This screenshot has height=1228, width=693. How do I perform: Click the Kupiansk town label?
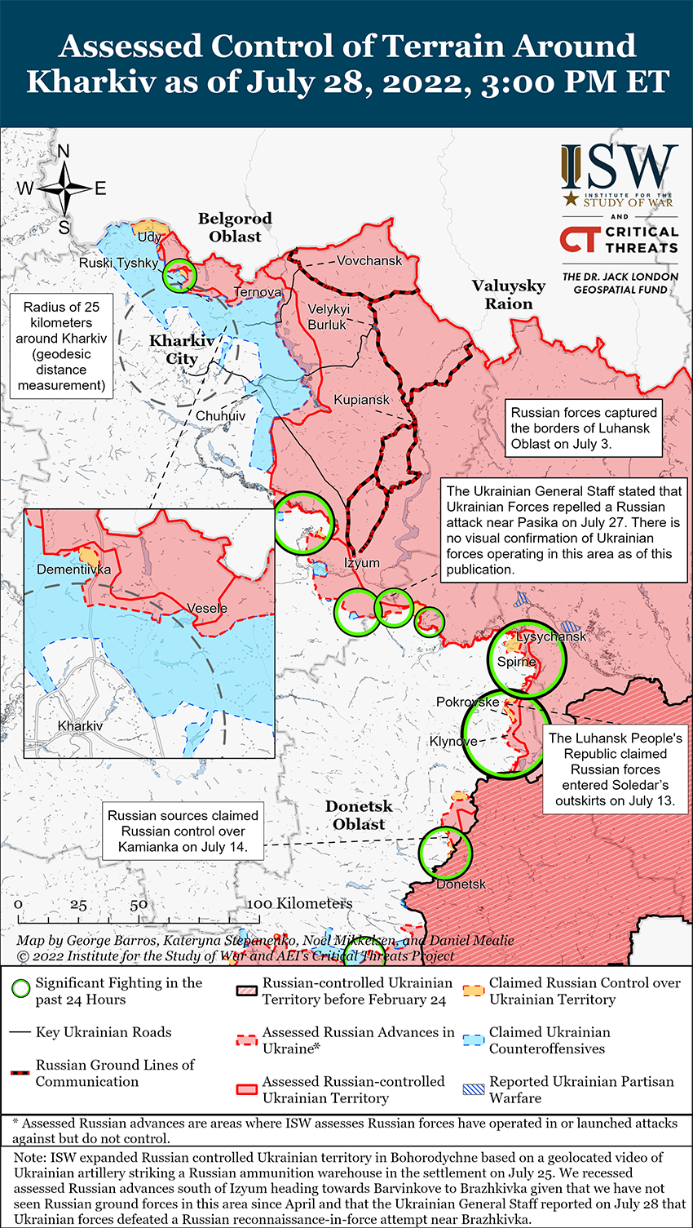click(x=361, y=400)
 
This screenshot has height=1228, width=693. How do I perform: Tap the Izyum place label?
click(x=361, y=563)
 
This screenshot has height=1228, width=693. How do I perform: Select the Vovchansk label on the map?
click(x=369, y=260)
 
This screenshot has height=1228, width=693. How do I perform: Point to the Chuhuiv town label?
click(x=220, y=416)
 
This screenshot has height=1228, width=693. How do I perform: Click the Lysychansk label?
click(x=552, y=636)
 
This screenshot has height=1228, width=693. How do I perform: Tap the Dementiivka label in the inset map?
click(x=73, y=570)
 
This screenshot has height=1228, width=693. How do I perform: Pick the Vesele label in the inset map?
click(x=207, y=609)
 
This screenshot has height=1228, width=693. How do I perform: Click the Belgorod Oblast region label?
click(x=235, y=228)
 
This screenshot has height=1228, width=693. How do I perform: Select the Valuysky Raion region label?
click(x=509, y=295)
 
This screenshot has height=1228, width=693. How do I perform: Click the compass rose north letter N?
click(x=64, y=152)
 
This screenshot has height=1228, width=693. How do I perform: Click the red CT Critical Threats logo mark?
click(x=579, y=239)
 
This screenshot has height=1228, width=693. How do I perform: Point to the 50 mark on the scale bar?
click(x=139, y=905)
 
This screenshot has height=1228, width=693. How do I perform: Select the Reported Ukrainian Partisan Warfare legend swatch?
click(x=474, y=1089)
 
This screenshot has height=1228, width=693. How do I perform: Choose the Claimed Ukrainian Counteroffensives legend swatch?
click(x=474, y=1040)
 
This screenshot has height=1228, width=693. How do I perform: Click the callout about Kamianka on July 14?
click(x=183, y=831)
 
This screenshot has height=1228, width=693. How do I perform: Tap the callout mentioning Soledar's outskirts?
click(x=615, y=769)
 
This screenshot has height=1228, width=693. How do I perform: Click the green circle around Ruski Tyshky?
click(x=179, y=275)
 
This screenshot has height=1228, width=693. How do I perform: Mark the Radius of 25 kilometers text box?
click(x=62, y=346)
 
